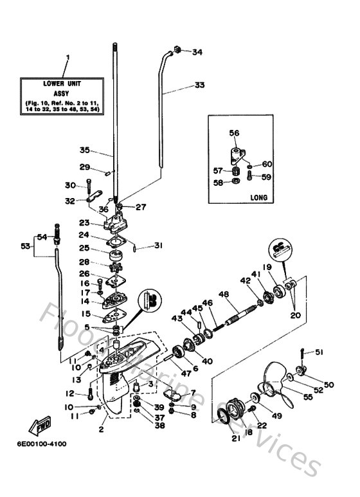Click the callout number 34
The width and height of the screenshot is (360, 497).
point(197,52)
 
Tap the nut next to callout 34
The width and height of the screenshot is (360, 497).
point(178,50)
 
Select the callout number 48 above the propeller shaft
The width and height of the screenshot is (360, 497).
point(224,295)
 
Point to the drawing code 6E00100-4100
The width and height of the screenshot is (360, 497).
point(38,444)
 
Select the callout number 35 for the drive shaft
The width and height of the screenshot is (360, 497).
point(85,150)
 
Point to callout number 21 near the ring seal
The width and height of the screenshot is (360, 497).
point(235,438)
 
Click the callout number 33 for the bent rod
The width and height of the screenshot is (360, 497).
point(200,85)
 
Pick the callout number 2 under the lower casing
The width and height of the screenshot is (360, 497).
point(102,429)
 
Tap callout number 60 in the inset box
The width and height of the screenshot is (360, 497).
point(266,164)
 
